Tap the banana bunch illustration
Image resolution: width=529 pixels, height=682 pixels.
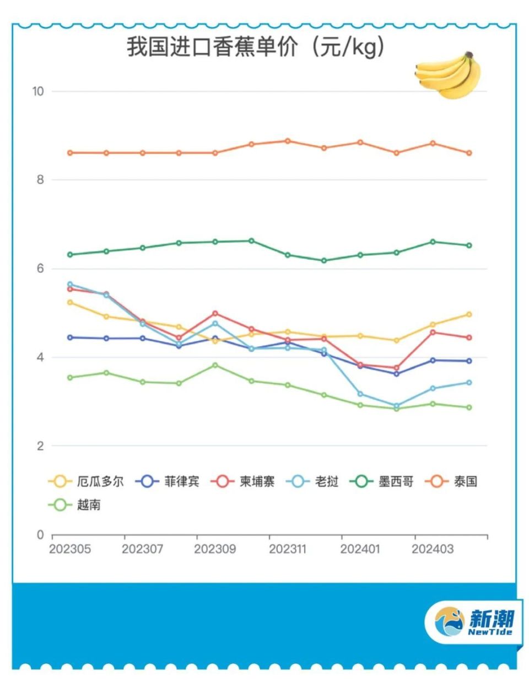pos(448,75)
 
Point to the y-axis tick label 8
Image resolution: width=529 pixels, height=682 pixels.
pos(40,180)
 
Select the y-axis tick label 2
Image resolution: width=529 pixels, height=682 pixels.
pos(40,446)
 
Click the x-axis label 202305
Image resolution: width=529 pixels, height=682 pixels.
pos(70,549)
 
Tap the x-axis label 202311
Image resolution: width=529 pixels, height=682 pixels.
pos(287,549)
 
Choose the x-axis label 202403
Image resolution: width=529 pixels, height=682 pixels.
pos(433,549)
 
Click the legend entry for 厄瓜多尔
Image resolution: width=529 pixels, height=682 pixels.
pos(87,481)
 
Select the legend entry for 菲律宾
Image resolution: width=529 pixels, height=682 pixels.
pos(168,481)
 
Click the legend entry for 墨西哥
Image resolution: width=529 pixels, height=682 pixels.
pos(382,481)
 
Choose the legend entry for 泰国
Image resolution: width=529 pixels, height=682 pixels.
pos(452,481)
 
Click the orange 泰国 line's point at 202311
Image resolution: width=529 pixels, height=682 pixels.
pos(288,141)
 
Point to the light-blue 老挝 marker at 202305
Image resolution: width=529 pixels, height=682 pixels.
pos(70,284)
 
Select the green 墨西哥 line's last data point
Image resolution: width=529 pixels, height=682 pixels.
pos(469,245)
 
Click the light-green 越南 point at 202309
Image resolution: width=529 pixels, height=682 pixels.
pos(215,365)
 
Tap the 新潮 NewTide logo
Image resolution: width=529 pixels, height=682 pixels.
pos(474,622)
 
